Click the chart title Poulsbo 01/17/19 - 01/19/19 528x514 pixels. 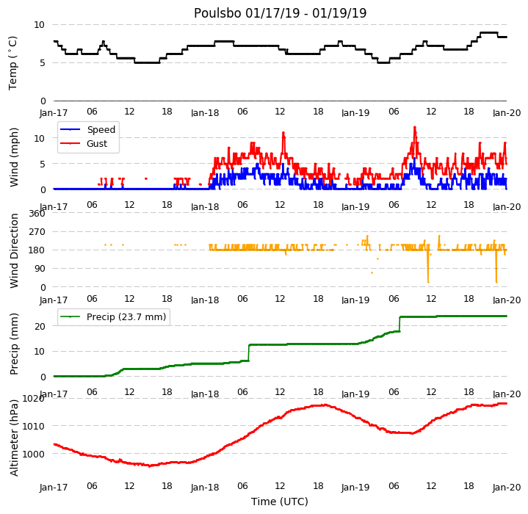pyautogui.click(x=280, y=13)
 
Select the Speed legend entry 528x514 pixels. pyautogui.click(x=87, y=129)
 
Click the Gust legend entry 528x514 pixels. pyautogui.click(x=84, y=144)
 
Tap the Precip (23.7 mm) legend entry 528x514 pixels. pyautogui.click(x=113, y=316)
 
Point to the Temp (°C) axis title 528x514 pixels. pyautogui.click(x=12, y=63)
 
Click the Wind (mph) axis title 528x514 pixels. pyautogui.click(x=13, y=157)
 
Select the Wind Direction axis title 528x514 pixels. pyautogui.click(x=13, y=251)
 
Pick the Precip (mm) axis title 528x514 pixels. pyautogui.click(x=13, y=344)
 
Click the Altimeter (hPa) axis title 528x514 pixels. pyautogui.click(x=13, y=438)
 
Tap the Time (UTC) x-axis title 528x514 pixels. pyautogui.click(x=280, y=502)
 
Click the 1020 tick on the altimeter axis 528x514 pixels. pyautogui.click(x=33, y=399)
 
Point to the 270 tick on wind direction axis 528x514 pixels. pyautogui.click(x=37, y=232)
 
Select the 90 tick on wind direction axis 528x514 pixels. pyautogui.click(x=40, y=269)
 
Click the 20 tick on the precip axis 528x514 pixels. pyautogui.click(x=40, y=326)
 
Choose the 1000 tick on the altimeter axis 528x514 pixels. pyautogui.click(x=33, y=454)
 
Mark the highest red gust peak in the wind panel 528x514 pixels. pyautogui.click(x=415, y=127)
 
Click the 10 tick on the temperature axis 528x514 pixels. pyautogui.click(x=40, y=24)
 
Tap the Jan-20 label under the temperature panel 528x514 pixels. pyautogui.click(x=507, y=113)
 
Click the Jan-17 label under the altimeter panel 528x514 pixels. pyautogui.click(x=54, y=487)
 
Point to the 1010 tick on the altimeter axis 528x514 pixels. pyautogui.click(x=33, y=427)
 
